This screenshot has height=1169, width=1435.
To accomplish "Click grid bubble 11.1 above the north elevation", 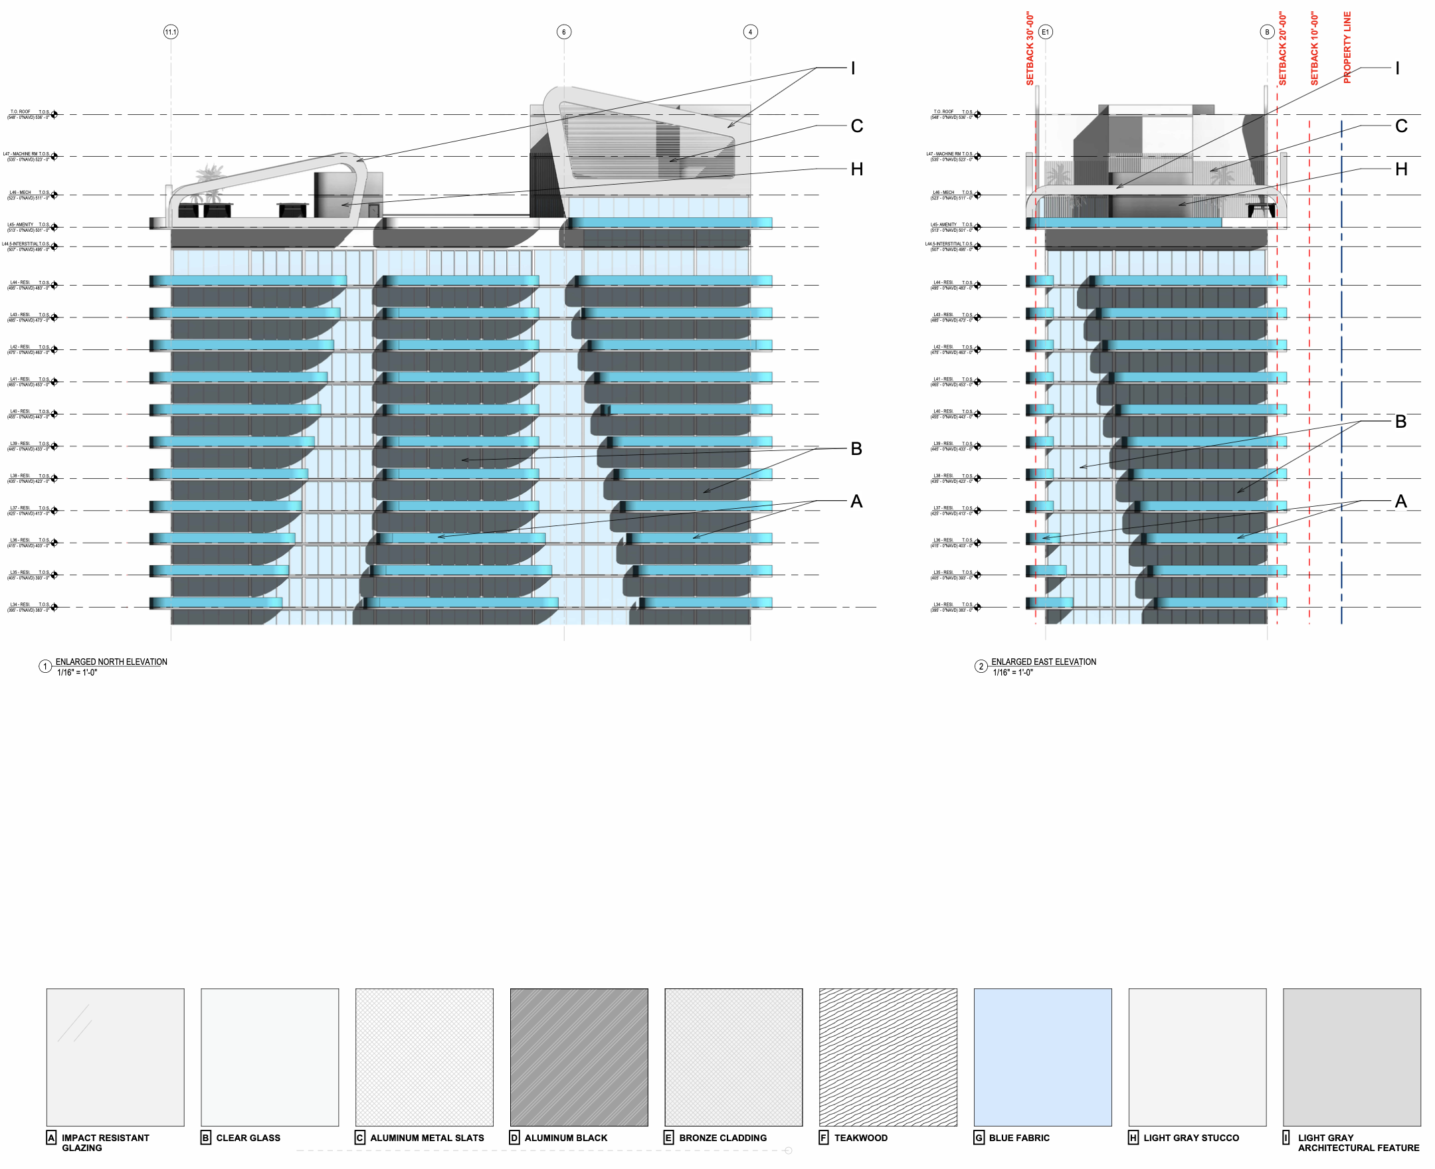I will tap(171, 32).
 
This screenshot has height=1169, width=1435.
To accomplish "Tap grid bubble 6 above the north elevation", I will tap(563, 32).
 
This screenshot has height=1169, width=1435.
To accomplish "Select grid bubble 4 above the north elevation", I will tap(750, 32).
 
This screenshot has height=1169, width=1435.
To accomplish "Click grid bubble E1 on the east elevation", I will tap(1045, 32).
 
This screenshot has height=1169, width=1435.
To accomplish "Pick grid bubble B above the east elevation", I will tap(1267, 32).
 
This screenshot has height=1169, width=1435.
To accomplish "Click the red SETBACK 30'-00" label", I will tap(1030, 48).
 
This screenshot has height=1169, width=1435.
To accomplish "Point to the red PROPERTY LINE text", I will tap(1347, 48).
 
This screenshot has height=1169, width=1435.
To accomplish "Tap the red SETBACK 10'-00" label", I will tap(1315, 48).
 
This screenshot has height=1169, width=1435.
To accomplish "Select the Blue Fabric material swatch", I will tap(1042, 1057).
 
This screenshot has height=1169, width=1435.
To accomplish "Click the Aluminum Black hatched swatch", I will tap(579, 1057).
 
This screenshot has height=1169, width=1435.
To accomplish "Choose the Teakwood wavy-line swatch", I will tap(888, 1057).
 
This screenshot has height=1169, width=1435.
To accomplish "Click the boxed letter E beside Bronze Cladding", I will tap(669, 1137).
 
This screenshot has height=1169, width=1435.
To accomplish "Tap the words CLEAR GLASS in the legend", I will tap(248, 1137).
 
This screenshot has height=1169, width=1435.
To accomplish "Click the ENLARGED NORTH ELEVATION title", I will tap(111, 662).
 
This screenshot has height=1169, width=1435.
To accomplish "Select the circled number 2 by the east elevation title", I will tap(981, 667).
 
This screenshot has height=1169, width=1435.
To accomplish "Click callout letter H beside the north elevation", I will tap(856, 169).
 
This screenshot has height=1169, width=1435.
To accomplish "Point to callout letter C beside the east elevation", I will tap(1401, 126).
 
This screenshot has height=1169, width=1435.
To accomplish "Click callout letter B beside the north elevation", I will tap(856, 448).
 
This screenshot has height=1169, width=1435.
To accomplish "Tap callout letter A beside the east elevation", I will tap(1401, 501).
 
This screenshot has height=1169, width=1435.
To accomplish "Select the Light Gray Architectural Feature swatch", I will tap(1351, 1057).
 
